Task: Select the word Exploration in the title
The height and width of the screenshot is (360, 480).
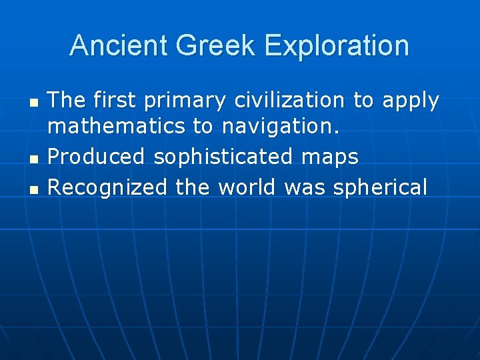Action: click(336, 45)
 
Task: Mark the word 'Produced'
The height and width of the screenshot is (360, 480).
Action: click(97, 157)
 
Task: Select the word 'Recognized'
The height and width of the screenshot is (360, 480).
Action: click(107, 188)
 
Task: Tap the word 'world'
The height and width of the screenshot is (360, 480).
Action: click(247, 187)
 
